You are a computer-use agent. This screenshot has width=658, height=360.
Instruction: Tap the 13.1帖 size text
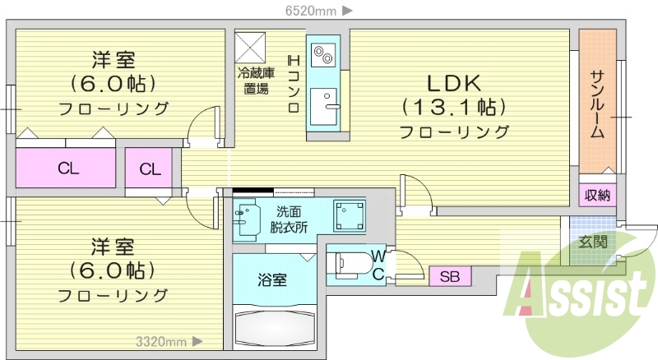(x=453, y=107)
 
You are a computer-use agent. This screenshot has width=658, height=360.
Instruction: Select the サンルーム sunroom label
(x=598, y=103)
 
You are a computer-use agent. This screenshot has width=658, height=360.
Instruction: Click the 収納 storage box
(x=598, y=195)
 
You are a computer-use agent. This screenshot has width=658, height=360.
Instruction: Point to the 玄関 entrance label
(x=592, y=242)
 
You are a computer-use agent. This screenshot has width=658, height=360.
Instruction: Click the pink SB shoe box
(x=450, y=276)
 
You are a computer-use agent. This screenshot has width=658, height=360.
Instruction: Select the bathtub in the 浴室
(x=274, y=327)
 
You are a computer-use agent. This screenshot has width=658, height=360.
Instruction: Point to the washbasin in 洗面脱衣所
(x=247, y=218)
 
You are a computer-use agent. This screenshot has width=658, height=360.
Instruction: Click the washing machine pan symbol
(x=348, y=216)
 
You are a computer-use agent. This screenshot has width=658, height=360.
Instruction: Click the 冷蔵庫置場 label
(x=254, y=81)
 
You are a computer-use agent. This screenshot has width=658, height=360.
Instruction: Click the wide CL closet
(x=67, y=169)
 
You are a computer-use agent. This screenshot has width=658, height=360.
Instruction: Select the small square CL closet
(x=149, y=169)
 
